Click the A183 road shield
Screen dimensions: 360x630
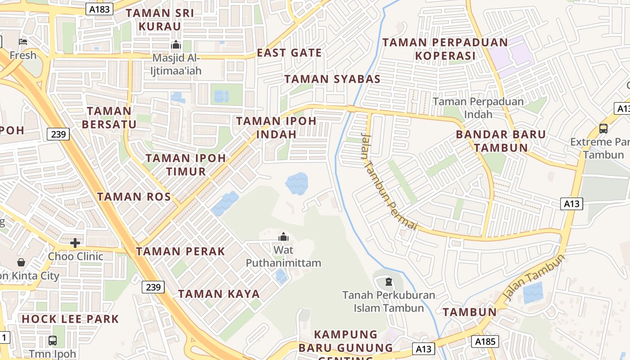[x=100, y=9]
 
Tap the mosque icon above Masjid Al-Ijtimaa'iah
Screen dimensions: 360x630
[x=175, y=45]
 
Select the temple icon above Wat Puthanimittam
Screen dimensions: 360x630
[x=283, y=237]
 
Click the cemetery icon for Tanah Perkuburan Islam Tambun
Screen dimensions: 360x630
[x=388, y=283]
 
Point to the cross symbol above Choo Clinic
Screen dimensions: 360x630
[x=75, y=243]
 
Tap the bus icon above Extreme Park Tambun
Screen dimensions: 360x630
[x=603, y=129]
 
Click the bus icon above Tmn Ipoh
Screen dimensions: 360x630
[x=53, y=341]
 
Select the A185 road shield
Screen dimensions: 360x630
[x=485, y=342]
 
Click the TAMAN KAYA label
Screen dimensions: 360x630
[x=219, y=294]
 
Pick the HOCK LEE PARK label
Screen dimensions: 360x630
[x=71, y=319]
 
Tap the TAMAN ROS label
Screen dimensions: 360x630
[x=134, y=197]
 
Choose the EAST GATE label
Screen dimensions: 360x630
[x=289, y=53]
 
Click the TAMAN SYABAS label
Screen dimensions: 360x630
[x=333, y=79]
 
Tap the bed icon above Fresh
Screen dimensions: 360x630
[x=23, y=42]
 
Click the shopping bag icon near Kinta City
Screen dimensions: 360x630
[x=21, y=262]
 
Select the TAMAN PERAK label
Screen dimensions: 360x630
[x=180, y=252]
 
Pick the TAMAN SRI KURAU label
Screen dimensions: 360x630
[x=160, y=20]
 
